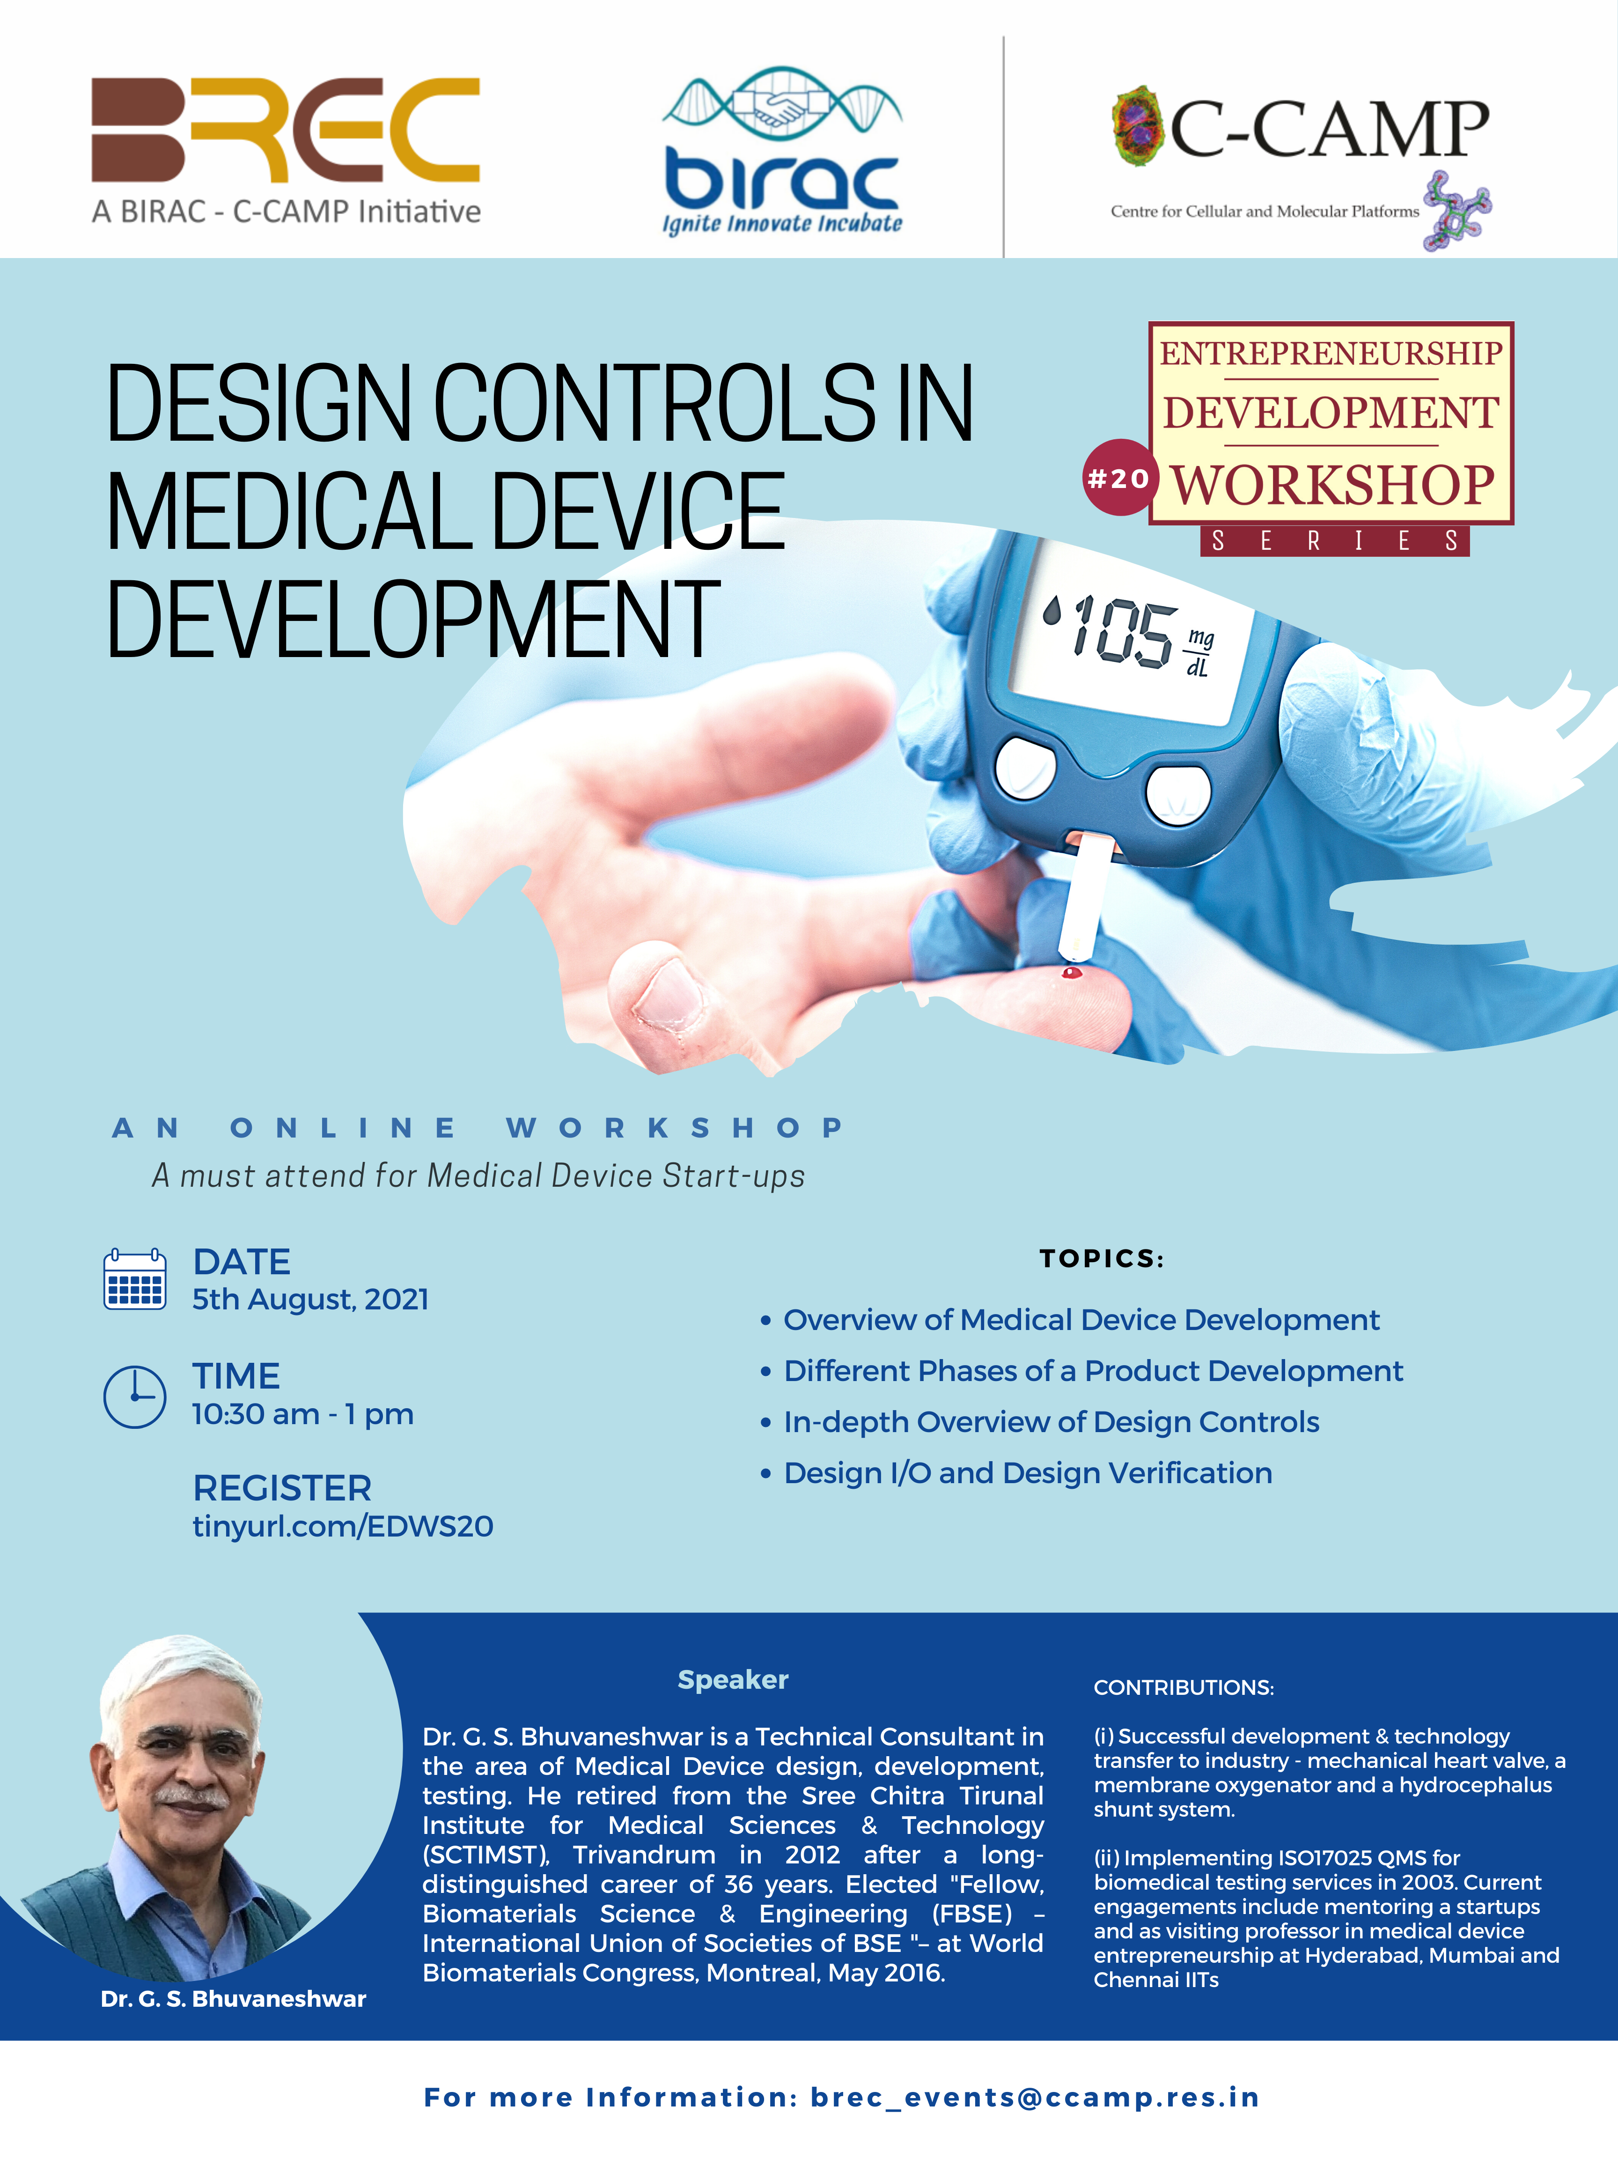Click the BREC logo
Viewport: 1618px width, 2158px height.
pyautogui.click(x=286, y=151)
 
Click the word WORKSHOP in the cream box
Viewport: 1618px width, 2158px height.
pyautogui.click(x=1332, y=485)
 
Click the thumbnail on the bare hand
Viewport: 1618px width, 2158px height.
pyautogui.click(x=667, y=995)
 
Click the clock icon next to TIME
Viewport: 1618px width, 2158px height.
pyautogui.click(x=134, y=1396)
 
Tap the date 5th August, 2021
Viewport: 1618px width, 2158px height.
pyautogui.click(x=310, y=1300)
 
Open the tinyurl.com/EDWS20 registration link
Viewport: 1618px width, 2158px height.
pyautogui.click(x=342, y=1526)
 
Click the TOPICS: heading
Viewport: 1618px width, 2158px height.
pyautogui.click(x=1101, y=1258)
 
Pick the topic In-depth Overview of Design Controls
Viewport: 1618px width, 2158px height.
pyautogui.click(x=1052, y=1421)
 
